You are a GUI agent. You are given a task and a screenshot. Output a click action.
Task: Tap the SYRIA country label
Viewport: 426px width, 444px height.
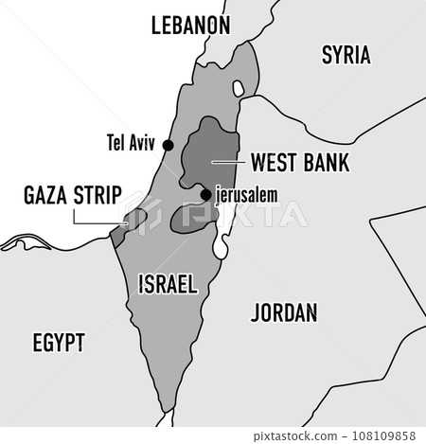click(x=346, y=55)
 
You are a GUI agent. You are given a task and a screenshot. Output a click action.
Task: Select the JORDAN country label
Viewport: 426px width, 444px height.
click(x=285, y=312)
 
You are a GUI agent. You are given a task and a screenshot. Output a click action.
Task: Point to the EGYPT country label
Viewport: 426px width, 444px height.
click(x=59, y=342)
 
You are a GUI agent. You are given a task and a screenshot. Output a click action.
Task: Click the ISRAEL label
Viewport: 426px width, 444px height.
click(x=167, y=283)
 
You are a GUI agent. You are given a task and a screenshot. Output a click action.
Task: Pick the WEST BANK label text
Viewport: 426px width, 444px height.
click(x=299, y=163)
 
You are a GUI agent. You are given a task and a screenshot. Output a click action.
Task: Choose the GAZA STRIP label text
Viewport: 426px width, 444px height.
click(x=72, y=196)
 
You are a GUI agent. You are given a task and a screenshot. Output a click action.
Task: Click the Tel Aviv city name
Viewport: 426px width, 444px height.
click(x=132, y=145)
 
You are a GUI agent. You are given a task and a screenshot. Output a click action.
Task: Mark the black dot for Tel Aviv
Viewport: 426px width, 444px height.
click(x=169, y=145)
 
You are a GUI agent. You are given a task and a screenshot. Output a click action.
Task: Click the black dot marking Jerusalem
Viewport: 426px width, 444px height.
click(x=205, y=196)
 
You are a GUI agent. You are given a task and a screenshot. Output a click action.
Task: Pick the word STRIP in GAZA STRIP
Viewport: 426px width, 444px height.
click(x=98, y=196)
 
